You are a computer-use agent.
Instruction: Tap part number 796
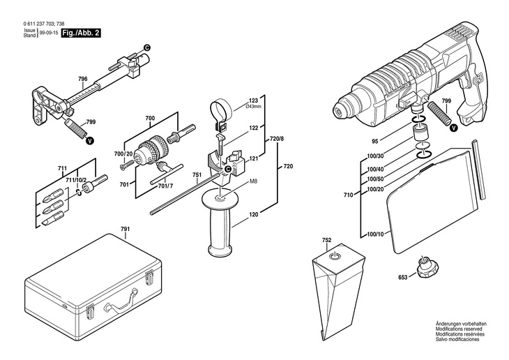pos(83,79)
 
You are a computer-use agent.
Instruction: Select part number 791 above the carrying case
pos(125,230)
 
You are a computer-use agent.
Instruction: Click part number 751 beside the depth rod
pos(197,176)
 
